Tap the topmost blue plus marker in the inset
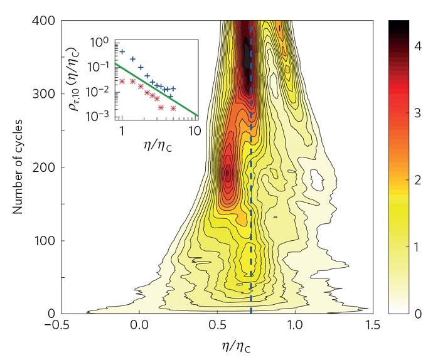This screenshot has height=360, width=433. pos(122,51)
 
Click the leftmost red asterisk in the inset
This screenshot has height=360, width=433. pos(122,82)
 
